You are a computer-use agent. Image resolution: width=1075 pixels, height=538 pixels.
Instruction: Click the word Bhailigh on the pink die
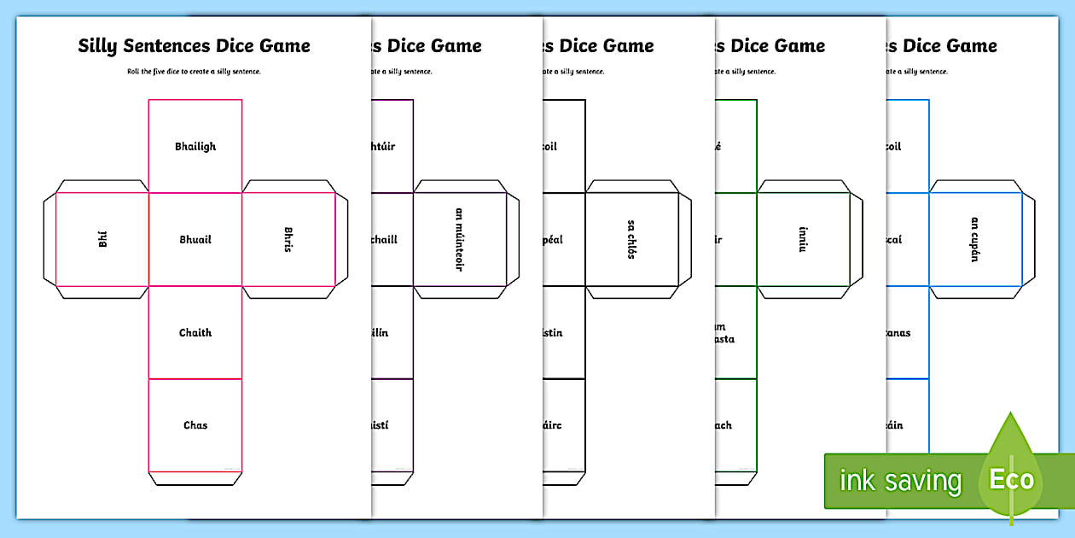(x=195, y=147)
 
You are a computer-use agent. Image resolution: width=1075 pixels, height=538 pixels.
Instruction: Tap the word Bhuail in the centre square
(x=195, y=240)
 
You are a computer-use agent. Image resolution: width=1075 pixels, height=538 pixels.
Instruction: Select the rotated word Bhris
(x=288, y=239)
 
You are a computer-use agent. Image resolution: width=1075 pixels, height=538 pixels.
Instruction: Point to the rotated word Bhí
(x=102, y=239)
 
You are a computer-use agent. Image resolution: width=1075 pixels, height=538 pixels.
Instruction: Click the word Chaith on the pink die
(x=195, y=333)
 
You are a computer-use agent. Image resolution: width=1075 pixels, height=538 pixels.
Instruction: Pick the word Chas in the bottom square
(x=195, y=425)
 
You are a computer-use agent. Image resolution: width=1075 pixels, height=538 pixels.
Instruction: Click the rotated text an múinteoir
(x=459, y=239)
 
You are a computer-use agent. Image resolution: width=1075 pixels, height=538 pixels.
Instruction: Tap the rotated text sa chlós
(x=630, y=239)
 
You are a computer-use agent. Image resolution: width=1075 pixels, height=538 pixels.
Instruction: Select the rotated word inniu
(x=802, y=239)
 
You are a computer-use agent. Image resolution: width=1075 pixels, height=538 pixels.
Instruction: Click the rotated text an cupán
(x=974, y=239)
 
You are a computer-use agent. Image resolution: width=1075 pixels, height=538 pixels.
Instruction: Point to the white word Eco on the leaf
(x=1011, y=479)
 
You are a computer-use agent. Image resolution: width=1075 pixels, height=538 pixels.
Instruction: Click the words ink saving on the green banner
(x=900, y=481)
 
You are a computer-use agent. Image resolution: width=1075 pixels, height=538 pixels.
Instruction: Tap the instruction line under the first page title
(x=195, y=72)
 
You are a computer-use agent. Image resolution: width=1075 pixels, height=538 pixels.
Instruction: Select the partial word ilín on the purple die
(x=380, y=333)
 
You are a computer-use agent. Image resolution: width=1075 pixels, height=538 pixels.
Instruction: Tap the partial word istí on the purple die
(x=380, y=425)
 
